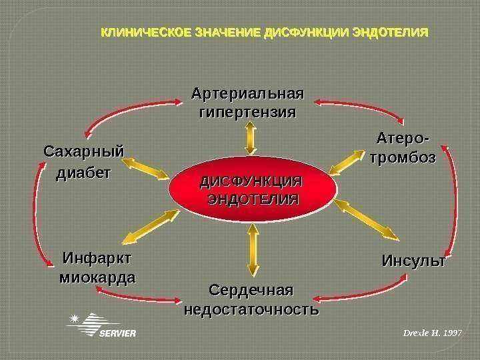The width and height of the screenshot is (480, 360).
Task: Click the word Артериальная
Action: coord(247,91)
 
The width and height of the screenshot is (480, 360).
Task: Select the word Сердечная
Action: coord(251,291)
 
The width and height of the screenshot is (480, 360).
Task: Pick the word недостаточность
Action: coord(251,310)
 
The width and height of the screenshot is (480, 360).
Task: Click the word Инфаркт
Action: coord(97,257)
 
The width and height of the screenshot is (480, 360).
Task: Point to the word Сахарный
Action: coord(84,151)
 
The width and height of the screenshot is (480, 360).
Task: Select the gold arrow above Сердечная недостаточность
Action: coord(252,251)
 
